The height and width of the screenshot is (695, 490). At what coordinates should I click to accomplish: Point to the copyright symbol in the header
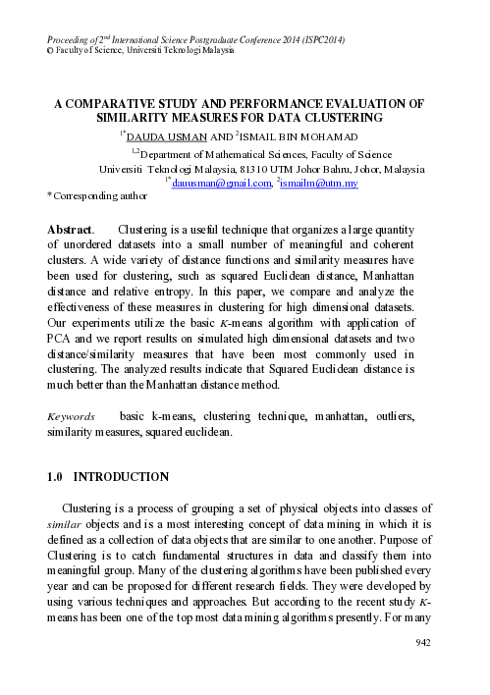pos(51,49)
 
